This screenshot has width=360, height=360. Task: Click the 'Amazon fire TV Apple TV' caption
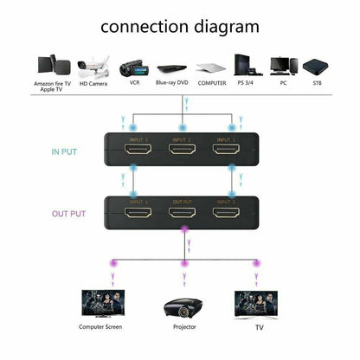tap(53, 88)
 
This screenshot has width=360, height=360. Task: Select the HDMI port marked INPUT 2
tap(181, 151)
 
